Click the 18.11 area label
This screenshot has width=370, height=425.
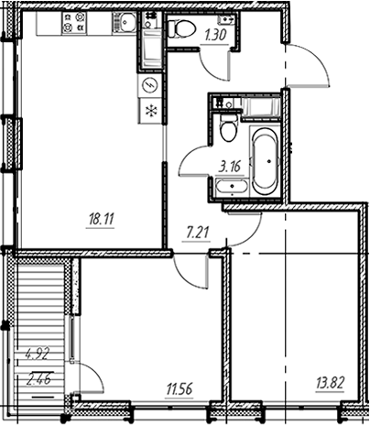coord(101,219)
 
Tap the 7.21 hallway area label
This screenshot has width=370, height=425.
coord(197,234)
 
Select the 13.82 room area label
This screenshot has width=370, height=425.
coord(331,383)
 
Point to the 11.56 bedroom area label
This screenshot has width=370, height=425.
coord(180,389)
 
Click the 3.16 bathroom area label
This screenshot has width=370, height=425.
coord(230,167)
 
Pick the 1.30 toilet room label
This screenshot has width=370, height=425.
coord(215,36)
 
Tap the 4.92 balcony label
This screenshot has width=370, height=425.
coord(38,355)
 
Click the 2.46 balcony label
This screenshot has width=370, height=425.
coord(38,379)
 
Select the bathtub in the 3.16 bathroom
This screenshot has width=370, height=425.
coord(265,161)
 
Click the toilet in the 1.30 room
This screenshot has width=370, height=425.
coord(181,28)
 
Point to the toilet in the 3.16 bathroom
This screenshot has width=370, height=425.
coord(229,128)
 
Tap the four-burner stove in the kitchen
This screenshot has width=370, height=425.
coord(73,22)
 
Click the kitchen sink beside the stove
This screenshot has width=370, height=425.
coord(125,22)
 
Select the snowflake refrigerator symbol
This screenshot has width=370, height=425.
coord(149,111)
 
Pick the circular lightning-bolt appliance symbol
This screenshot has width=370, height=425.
coord(149,85)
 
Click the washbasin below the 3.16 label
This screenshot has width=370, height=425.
coord(232,186)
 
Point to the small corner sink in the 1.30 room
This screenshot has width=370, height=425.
coord(226,20)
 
